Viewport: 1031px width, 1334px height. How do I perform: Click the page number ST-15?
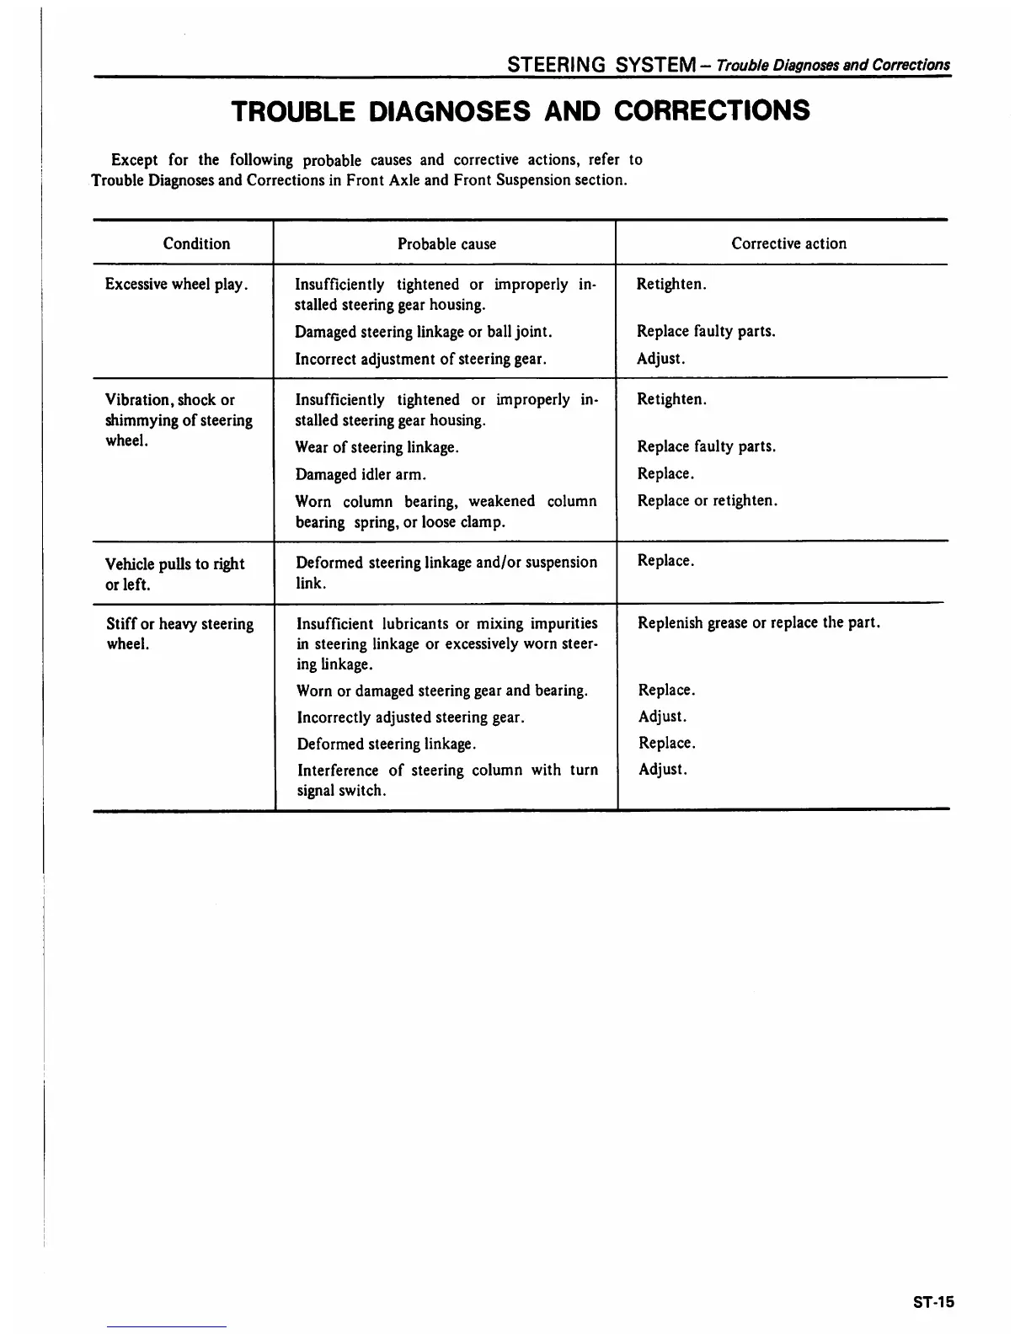pyautogui.click(x=933, y=1302)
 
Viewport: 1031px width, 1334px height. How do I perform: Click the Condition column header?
pyautogui.click(x=196, y=244)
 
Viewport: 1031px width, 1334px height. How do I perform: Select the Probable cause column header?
pyautogui.click(x=446, y=244)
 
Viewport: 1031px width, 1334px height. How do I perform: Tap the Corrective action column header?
pyautogui.click(x=788, y=244)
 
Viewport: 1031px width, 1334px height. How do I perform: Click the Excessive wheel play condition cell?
pyautogui.click(x=176, y=285)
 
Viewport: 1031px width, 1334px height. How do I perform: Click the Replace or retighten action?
pyautogui.click(x=707, y=501)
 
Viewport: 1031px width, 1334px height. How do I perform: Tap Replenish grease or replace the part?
pyautogui.click(x=759, y=624)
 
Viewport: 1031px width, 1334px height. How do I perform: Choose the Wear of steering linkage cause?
pyautogui.click(x=377, y=448)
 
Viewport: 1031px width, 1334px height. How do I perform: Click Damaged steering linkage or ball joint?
pyautogui.click(x=423, y=333)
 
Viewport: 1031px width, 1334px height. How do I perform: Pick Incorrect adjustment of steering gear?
pyautogui.click(x=420, y=360)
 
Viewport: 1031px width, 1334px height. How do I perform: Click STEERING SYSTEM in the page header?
pyautogui.click(x=598, y=65)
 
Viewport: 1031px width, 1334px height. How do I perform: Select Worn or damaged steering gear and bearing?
pyautogui.click(x=442, y=691)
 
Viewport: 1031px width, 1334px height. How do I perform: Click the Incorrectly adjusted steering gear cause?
pyautogui.click(x=411, y=718)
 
